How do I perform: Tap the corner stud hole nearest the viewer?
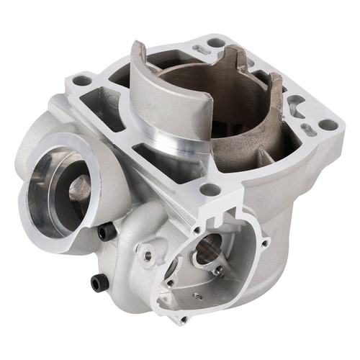pos(210,189)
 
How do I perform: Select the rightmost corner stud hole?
pos(328,124)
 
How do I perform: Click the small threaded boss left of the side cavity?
pos(148,255)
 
